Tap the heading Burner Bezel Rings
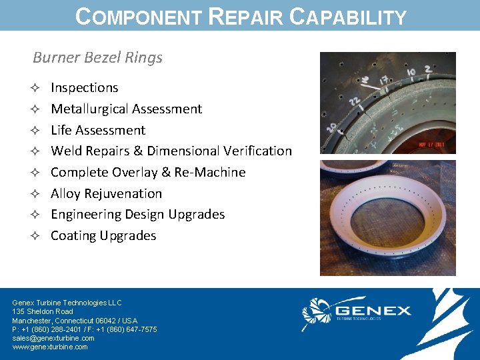[97, 57]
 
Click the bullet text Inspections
[85, 87]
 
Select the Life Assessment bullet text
[98, 130]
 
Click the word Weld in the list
[65, 151]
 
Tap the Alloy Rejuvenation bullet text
[107, 193]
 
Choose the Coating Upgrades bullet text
[103, 235]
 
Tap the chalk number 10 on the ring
[412, 71]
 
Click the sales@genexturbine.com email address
[53, 338]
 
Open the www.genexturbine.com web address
[50, 347]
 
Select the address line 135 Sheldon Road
[43, 311]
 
